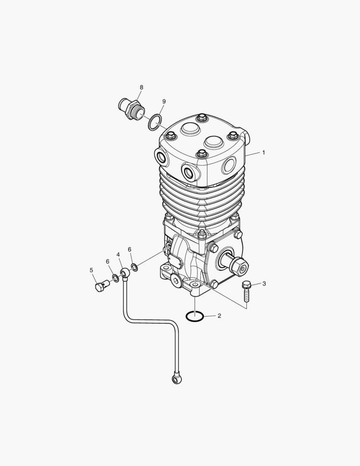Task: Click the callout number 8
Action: [x=141, y=87]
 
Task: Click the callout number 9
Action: [x=164, y=102]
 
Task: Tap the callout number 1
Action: [x=263, y=152]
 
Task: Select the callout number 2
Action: [x=219, y=315]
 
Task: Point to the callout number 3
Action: [x=264, y=283]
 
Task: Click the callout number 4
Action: [x=118, y=255]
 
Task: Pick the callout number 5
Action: [x=91, y=270]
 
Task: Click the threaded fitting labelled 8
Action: [x=130, y=109]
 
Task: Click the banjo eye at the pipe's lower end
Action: [x=177, y=378]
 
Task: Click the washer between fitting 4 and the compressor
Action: [x=135, y=267]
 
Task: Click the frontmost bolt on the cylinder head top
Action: [x=201, y=154]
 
